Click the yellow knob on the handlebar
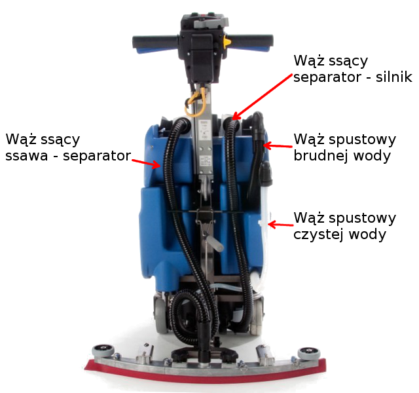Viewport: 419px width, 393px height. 227,41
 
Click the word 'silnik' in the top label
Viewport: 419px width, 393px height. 390,77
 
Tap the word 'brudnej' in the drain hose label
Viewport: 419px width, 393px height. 318,156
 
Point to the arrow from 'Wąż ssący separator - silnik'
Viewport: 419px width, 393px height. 261,96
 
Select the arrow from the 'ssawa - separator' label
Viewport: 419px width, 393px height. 146,161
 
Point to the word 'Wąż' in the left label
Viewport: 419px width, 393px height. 21,140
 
